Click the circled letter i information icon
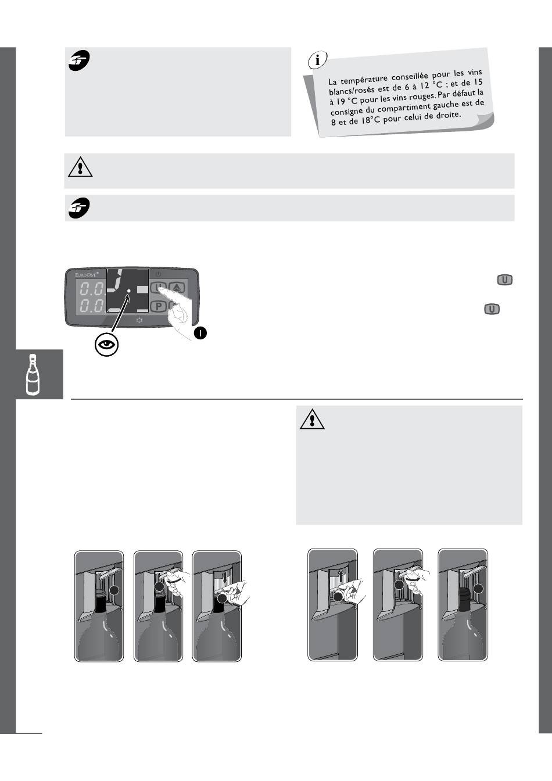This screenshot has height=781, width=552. tap(317, 60)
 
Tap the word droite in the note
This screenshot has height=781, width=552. tap(448, 115)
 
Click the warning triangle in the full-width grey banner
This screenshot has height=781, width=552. tap(80, 167)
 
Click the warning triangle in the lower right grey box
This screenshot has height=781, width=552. tap(312, 419)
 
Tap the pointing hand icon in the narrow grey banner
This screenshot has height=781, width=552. tap(79, 208)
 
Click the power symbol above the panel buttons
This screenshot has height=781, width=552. tap(158, 274)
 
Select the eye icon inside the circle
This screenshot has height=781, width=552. tap(107, 345)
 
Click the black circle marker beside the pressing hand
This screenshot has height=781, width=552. tap(200, 333)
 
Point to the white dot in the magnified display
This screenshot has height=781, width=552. tap(128, 290)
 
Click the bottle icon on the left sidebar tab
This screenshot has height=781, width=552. tap(33, 375)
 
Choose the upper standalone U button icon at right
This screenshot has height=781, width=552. tap(504, 280)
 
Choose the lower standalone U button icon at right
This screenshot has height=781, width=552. tap(492, 309)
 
